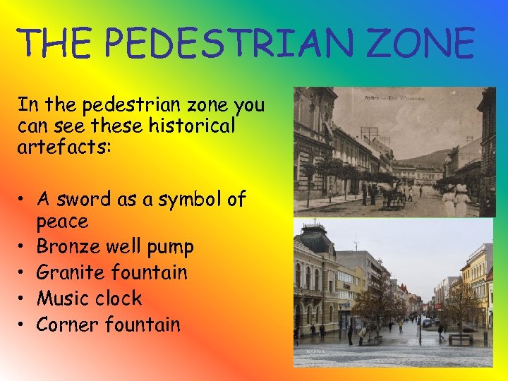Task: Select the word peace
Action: point(62,222)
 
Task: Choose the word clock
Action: point(119,298)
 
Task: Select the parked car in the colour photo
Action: point(427,322)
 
